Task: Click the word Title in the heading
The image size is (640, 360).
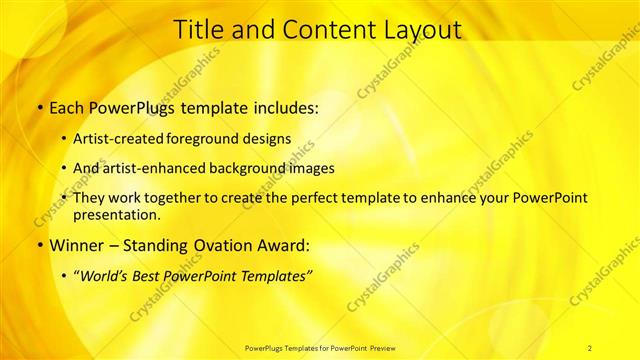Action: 202,31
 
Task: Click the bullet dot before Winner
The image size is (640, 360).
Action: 39,245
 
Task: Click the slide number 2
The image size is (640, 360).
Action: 590,347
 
